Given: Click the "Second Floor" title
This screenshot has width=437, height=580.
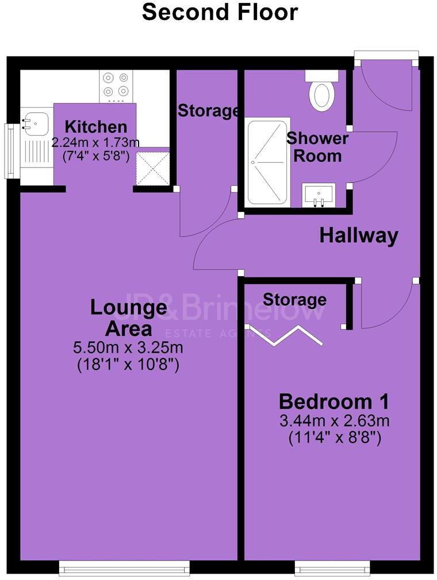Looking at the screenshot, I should [x=220, y=12].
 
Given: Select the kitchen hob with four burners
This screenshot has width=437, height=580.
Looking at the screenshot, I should [x=116, y=86].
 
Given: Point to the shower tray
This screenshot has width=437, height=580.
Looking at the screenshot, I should [x=267, y=161].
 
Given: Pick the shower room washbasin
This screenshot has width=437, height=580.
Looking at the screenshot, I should [x=319, y=194].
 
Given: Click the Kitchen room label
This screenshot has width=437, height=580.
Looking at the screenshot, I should [x=95, y=127].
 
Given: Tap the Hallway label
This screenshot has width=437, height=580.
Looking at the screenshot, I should [x=359, y=235].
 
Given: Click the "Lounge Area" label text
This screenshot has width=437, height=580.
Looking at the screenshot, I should [x=128, y=318].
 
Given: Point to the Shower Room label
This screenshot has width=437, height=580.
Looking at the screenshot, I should [x=317, y=147].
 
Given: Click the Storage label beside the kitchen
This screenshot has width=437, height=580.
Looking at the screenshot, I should [x=208, y=111].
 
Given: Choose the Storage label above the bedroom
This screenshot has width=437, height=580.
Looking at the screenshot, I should [x=294, y=299].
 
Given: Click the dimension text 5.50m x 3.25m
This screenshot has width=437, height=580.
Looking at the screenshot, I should [x=128, y=348].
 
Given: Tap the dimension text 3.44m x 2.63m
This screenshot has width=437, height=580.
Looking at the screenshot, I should [x=334, y=421].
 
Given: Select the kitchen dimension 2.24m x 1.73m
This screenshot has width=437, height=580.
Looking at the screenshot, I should [x=95, y=143].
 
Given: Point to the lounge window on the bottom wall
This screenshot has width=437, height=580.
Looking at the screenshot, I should [x=124, y=570].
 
